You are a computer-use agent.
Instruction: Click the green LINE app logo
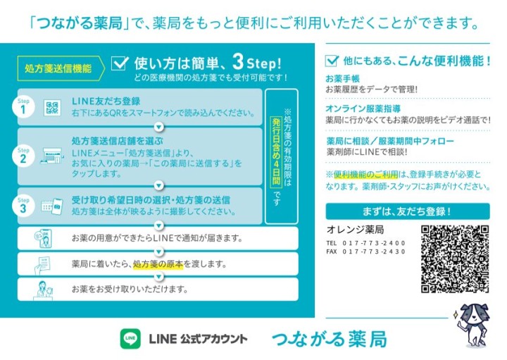coord(130,339)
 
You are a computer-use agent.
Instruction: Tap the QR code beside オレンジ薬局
coord(455,259)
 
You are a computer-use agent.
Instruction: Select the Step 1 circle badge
coord(23,107)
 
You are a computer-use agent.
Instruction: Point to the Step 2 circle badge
coord(23,156)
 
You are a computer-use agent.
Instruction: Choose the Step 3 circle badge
coord(23,206)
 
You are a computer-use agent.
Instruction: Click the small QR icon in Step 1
coord(52,108)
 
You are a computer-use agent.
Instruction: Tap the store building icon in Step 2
coord(51,156)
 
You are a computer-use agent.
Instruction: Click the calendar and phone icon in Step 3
coord(52,206)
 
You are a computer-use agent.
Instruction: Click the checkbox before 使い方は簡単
coord(120,63)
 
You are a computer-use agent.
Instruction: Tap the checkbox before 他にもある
coord(332,61)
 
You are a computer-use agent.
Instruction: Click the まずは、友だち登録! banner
coord(408,211)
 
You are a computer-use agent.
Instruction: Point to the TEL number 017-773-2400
coord(373,243)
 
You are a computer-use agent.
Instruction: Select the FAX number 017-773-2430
coord(373,252)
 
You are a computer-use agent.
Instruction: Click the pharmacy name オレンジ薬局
coord(355,230)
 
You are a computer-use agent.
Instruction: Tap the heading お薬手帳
coord(342,79)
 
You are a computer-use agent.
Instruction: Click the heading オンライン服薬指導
coord(363,108)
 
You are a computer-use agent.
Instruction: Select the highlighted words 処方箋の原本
coord(158,264)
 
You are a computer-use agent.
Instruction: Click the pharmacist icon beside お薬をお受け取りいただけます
coord(44,290)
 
